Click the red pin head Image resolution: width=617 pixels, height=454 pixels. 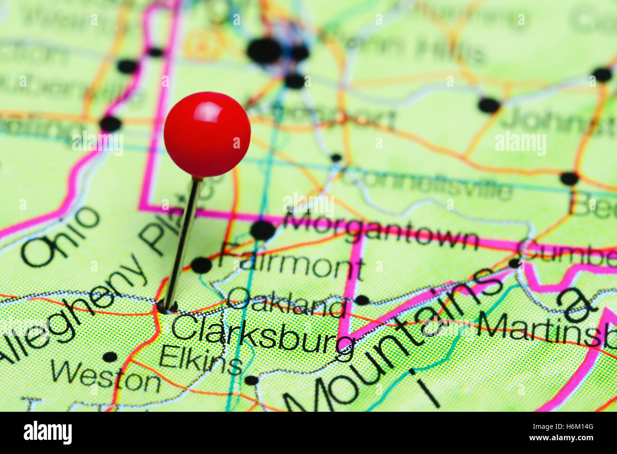coord(207,134)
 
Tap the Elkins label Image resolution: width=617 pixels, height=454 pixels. coord(201,360)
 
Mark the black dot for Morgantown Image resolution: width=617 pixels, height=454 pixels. coord(262,231)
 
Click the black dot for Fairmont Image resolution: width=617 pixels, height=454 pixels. coord(201,265)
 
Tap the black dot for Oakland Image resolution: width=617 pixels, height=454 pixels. coord(362,300)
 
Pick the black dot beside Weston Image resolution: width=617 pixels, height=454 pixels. coord(110,357)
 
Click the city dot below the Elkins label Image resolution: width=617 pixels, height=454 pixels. coord(251,380)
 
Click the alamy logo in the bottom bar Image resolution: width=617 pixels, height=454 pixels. coord(47,433)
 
